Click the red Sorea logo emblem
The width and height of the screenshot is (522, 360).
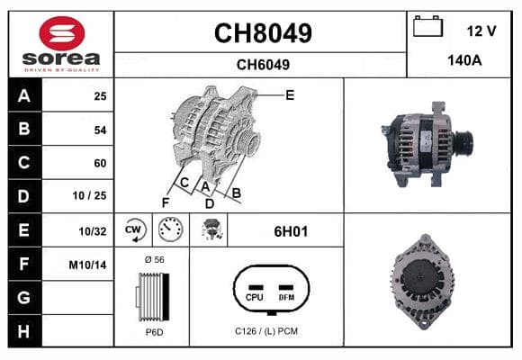(62, 33)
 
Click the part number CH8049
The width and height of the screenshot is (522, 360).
(263, 33)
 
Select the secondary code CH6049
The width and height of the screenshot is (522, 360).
(263, 65)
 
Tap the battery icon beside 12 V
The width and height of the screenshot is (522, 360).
(427, 26)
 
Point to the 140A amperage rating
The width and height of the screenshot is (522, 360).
(464, 60)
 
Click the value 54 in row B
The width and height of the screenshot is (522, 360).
(100, 130)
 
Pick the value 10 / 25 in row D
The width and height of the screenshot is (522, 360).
(89, 195)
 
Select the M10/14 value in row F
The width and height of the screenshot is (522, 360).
(87, 265)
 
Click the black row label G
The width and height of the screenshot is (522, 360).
(24, 297)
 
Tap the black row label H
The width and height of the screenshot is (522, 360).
(24, 331)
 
